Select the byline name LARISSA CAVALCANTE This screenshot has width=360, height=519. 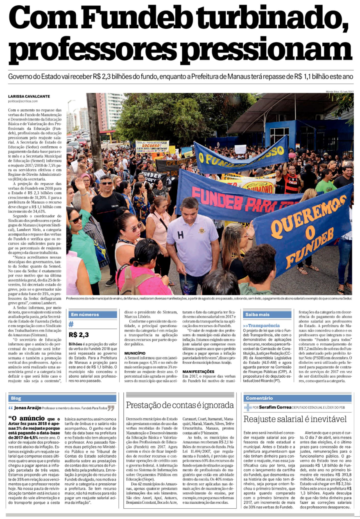(30, 97)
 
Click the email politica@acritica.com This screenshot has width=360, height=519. (25, 101)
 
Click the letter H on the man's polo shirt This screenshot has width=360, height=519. (180, 234)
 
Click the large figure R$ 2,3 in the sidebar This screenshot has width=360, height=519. (79, 335)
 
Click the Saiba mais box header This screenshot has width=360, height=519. (257, 315)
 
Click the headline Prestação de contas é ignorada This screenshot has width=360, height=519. (179, 405)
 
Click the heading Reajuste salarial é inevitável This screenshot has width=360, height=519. (295, 419)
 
